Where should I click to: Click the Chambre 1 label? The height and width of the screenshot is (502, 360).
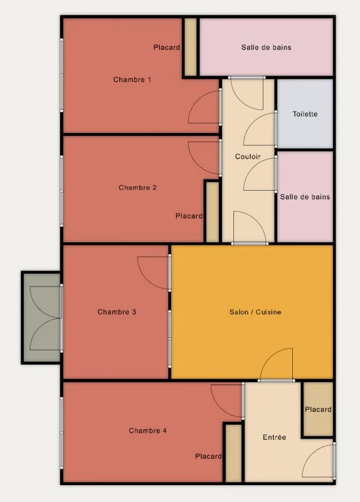[132, 80]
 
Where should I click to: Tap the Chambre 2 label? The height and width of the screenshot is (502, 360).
[137, 188]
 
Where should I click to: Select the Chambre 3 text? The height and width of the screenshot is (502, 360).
[117, 312]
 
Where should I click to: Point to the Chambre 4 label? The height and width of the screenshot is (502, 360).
[147, 430]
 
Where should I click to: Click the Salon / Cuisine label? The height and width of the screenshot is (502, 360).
[255, 312]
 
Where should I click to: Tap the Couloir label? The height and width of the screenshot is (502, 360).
[248, 156]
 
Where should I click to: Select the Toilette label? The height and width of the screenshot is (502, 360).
[305, 114]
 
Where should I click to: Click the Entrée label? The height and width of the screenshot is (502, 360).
[274, 437]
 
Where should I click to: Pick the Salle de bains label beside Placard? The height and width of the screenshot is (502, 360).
[267, 48]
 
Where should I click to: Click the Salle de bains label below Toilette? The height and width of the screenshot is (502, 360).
[305, 197]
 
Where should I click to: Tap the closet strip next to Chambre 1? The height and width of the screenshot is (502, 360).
[191, 47]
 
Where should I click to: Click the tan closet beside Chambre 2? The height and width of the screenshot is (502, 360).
[212, 212]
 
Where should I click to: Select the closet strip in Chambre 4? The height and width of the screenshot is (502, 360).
[233, 452]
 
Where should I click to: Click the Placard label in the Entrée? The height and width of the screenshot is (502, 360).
[318, 410]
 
